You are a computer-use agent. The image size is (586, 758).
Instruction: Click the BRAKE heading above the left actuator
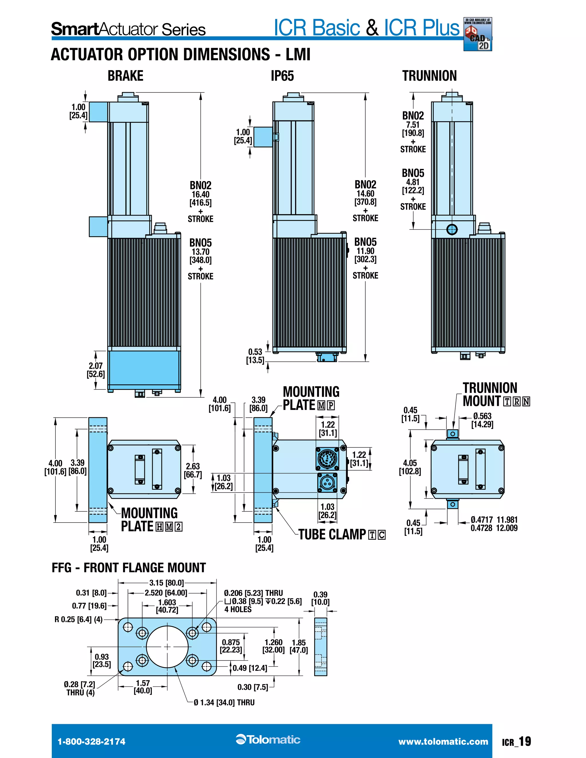tap(125, 76)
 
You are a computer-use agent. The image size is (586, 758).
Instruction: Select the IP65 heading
tap(282, 76)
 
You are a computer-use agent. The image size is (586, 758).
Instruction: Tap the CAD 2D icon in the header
tap(478, 35)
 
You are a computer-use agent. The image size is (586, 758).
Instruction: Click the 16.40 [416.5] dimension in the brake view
tap(200, 199)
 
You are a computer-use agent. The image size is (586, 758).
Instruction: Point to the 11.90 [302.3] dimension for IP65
tap(365, 255)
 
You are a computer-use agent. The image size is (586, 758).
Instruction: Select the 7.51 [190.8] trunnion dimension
tap(413, 129)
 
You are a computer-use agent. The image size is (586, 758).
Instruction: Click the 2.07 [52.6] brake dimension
tap(96, 370)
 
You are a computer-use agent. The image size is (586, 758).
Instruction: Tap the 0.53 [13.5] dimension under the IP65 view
tap(255, 356)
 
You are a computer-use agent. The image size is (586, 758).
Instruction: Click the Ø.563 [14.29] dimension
tap(482, 420)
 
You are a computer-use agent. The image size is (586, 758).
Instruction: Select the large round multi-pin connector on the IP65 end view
tap(327, 459)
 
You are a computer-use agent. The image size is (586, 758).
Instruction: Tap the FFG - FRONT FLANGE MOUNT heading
tap(129, 568)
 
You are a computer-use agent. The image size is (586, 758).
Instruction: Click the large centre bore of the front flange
tap(167, 647)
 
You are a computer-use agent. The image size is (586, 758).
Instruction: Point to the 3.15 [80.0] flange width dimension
tap(166, 583)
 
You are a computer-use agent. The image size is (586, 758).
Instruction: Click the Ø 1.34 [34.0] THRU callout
tap(224, 703)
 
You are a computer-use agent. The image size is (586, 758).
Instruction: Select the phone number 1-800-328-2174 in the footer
tap(91, 742)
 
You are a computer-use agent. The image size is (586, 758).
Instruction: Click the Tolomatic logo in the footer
tap(268, 740)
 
